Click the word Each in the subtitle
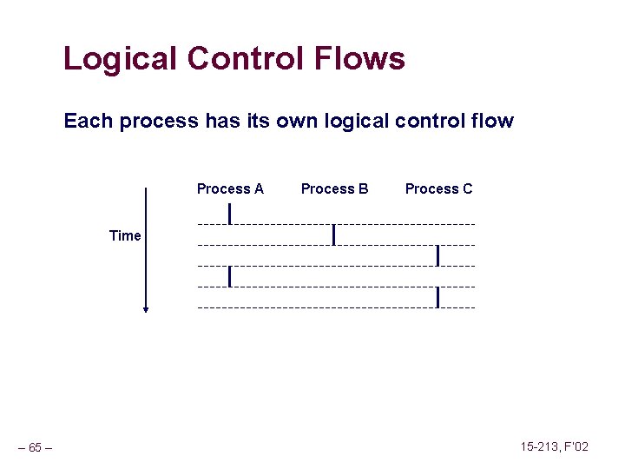coord(89,121)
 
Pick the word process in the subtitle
coord(159,121)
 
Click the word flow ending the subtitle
coord(491,121)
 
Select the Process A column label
coord(230,188)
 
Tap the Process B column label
coord(334,188)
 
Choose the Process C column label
coord(438,188)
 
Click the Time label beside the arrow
coord(125,235)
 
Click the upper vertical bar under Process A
coord(229,213)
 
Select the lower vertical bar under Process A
coord(229,276)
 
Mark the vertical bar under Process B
coord(334,234)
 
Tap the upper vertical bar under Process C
coord(438,255)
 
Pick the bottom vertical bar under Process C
coord(438,297)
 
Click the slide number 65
coord(35,448)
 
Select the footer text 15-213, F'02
coord(554,446)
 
